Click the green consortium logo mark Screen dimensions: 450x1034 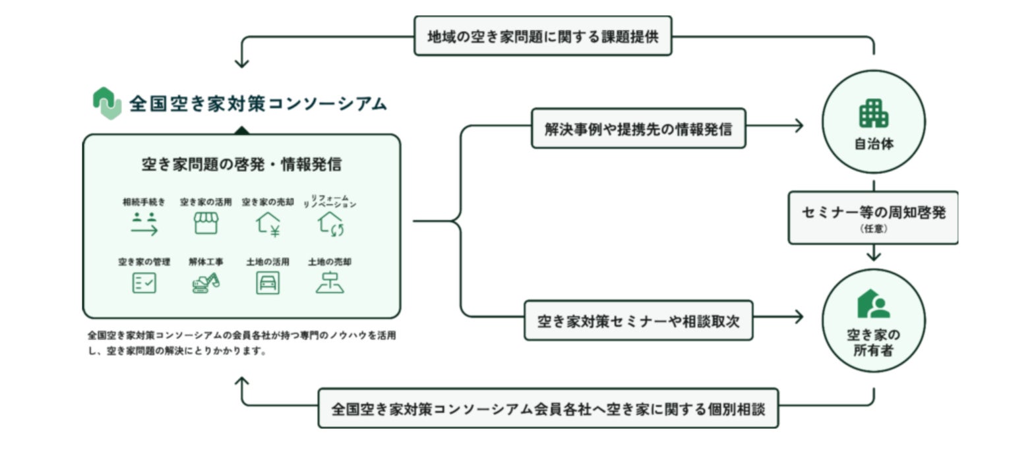point(107,103)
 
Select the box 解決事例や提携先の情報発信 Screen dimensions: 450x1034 point(638,128)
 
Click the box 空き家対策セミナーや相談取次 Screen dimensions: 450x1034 point(638,321)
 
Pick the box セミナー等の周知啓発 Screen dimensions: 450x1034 point(873,217)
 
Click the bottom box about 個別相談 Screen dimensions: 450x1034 point(548,408)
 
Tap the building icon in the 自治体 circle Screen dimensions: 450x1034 point(874,114)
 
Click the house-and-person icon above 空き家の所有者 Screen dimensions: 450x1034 point(874,304)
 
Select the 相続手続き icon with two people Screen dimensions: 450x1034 point(144,225)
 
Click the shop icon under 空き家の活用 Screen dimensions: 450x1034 point(206,224)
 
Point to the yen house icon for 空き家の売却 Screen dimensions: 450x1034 point(268,225)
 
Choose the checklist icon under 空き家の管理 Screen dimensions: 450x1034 point(144,283)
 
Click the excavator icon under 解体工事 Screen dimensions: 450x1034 point(206,283)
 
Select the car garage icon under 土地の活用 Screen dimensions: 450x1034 point(268,283)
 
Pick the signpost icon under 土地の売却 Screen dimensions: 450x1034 point(330,283)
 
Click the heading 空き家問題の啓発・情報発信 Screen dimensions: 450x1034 point(241,165)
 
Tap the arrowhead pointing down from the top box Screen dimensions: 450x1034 point(241,63)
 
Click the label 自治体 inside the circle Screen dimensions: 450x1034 point(874,144)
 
